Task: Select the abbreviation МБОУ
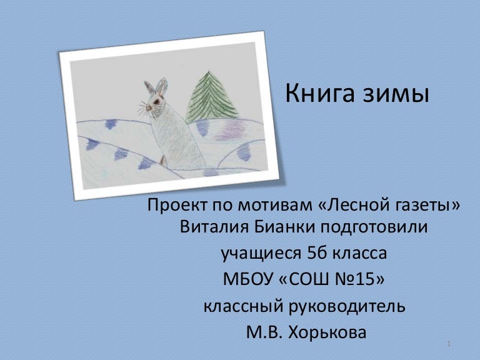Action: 249,280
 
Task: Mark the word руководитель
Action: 350,307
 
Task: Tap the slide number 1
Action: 449,345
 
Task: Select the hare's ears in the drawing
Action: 156,87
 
